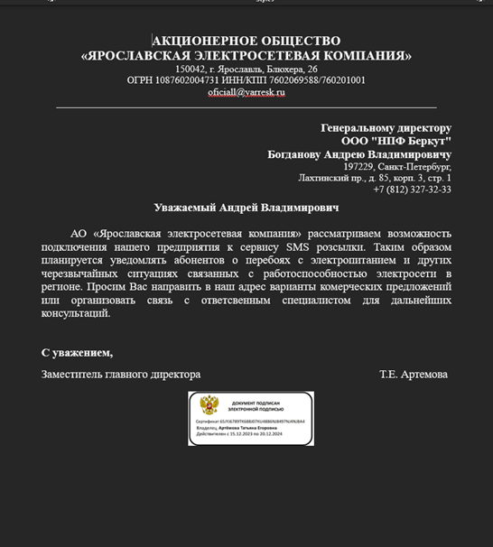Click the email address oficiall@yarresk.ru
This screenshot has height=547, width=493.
[246, 92]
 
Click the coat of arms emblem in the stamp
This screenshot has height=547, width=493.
[209, 405]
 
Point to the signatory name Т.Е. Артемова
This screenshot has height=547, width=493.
[413, 374]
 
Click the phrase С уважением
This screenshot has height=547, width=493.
[77, 352]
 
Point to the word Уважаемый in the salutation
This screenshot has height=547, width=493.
[185, 208]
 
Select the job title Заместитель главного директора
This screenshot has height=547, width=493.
[121, 374]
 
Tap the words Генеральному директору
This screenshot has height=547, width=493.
[386, 128]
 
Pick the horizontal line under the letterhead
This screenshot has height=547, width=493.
[246, 107]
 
